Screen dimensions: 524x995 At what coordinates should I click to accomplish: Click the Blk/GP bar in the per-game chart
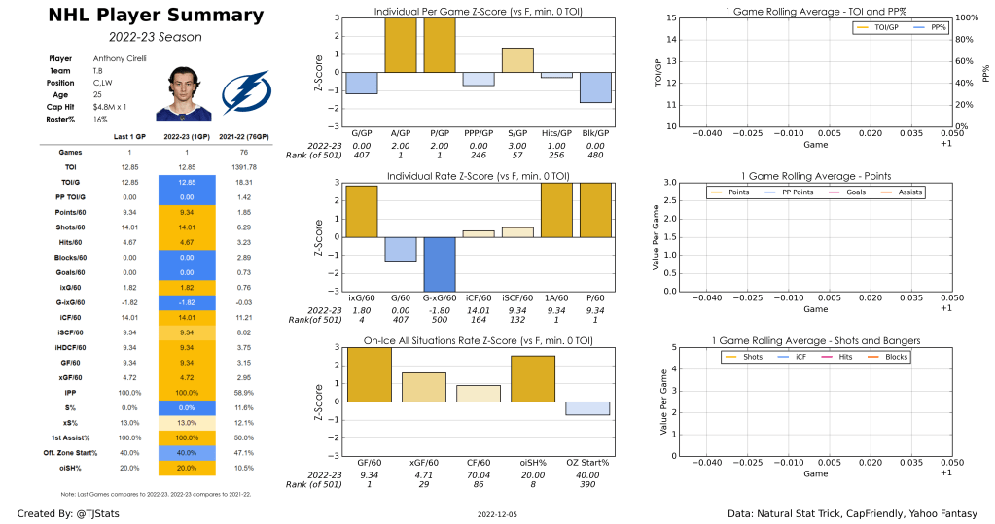coord(595,87)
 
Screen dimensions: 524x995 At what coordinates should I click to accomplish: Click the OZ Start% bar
coord(586,407)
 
